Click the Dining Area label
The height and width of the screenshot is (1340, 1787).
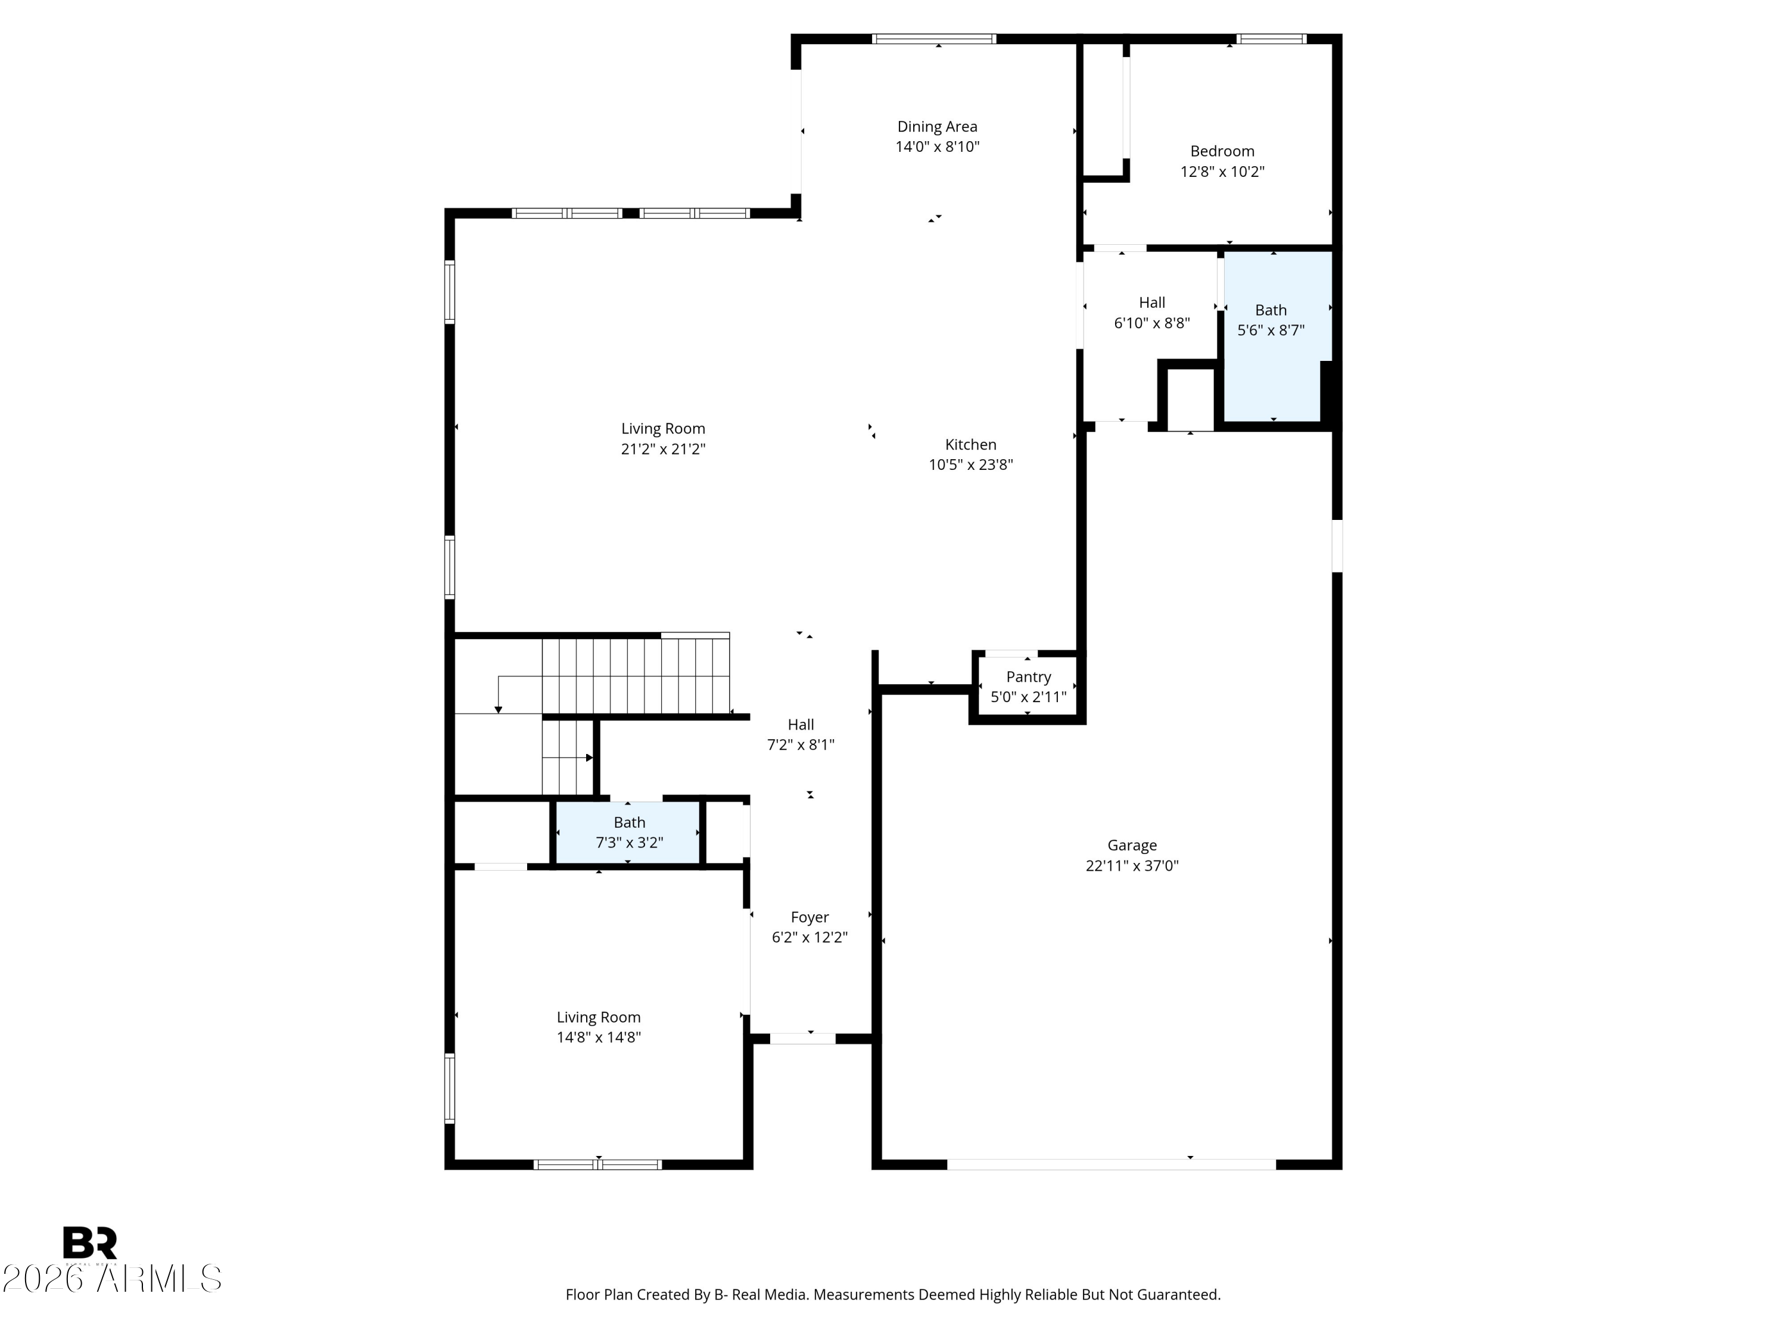(x=937, y=127)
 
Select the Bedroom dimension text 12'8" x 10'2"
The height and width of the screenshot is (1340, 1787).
(x=1222, y=172)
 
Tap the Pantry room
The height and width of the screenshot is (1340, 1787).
(x=1028, y=687)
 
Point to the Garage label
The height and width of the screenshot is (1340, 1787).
(x=1131, y=845)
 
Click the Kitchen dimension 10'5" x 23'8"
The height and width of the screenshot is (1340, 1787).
(x=970, y=465)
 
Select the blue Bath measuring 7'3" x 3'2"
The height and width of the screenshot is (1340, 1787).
(x=628, y=833)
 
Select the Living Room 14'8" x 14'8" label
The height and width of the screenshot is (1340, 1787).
(x=598, y=1027)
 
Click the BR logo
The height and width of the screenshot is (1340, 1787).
(x=90, y=1242)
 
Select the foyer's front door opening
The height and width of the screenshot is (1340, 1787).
(x=802, y=1039)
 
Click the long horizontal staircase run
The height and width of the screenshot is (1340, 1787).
(x=636, y=675)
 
